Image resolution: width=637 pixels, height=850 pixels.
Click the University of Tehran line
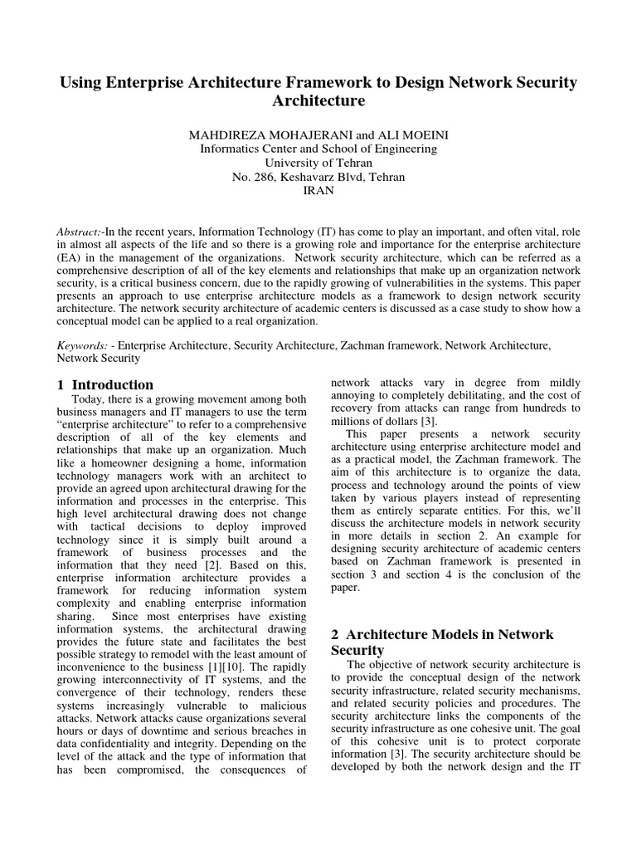[x=318, y=163]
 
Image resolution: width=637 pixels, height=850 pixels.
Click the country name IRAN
[x=318, y=191]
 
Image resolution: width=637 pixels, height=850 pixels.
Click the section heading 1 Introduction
[x=105, y=384]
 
